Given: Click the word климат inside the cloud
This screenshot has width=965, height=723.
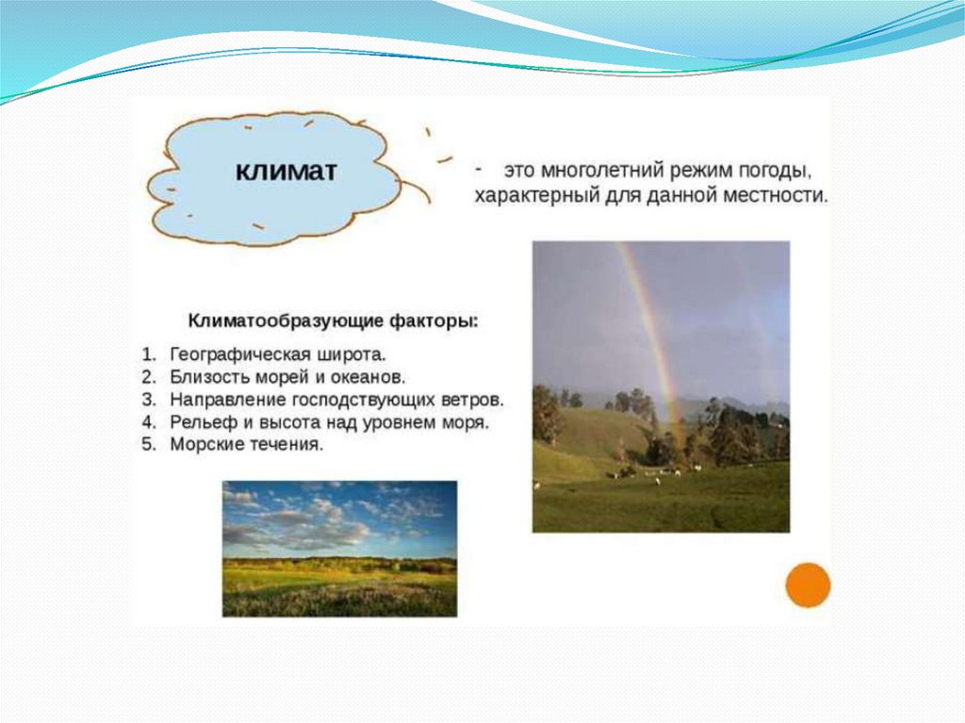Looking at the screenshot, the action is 286,171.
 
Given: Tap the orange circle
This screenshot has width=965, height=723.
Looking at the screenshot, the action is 808,585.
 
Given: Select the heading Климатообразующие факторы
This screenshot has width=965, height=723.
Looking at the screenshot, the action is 333,321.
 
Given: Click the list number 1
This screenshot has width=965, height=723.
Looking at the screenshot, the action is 148,354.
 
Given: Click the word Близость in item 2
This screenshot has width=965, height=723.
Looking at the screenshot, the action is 207,377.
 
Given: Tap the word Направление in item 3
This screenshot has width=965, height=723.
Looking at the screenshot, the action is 228,400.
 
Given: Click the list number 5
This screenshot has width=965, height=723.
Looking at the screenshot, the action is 148,444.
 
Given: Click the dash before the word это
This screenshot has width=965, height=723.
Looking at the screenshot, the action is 478,168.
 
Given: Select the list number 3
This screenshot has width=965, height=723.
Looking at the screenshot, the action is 148,400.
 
